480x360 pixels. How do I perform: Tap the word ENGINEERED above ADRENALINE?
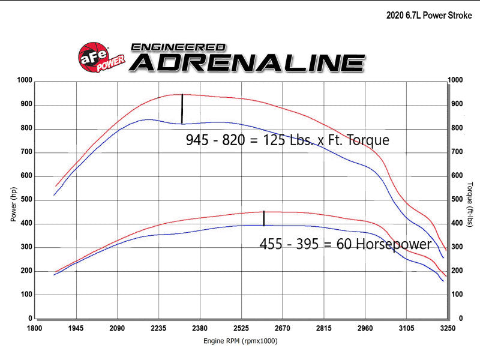[178, 46]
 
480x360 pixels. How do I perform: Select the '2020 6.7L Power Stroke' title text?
[429, 16]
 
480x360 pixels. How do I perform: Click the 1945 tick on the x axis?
[76, 329]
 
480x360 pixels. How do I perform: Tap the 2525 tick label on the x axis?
[241, 329]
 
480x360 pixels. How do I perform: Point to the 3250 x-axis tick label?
[448, 329]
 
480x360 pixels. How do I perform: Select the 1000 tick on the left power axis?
[25, 80]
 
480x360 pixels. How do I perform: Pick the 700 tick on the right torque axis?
[457, 152]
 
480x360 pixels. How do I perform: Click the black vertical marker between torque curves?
[182, 109]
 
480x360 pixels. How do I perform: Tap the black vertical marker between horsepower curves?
[264, 218]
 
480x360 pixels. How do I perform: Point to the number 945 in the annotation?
[197, 140]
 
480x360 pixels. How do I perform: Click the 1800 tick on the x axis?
[34, 329]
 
